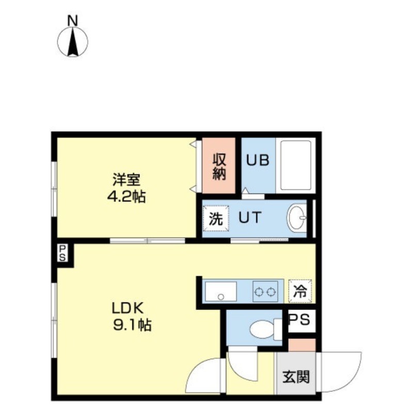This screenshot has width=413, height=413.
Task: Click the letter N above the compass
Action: [73, 21]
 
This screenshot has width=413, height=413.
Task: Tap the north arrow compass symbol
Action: [73, 42]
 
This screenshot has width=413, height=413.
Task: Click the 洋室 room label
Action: [126, 180]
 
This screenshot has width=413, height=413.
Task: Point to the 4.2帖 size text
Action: [126, 196]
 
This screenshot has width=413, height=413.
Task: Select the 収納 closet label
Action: [219, 166]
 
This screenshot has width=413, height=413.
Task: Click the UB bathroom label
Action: [258, 160]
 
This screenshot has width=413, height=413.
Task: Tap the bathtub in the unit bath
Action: [296, 165]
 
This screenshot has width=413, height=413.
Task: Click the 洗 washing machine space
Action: [216, 218]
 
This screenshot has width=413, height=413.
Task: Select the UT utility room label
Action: [250, 217]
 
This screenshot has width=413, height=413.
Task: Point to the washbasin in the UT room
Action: [297, 218]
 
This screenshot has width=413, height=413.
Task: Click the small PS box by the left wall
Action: [62, 253]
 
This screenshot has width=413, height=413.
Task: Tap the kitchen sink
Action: [221, 291]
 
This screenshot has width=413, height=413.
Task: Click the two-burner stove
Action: [265, 291]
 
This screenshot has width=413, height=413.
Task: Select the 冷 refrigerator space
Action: [300, 291]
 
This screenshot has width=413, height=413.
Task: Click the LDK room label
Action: [128, 308]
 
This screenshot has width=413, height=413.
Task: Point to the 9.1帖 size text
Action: [132, 325]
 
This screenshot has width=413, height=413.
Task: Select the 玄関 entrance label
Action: [296, 377]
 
